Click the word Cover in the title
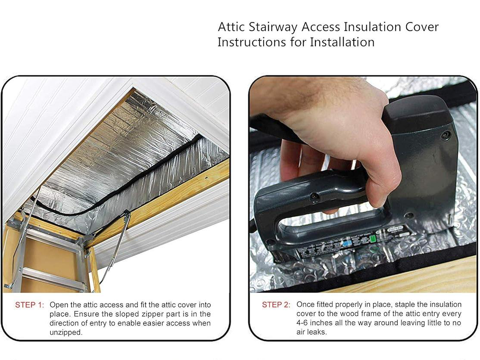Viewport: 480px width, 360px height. [422, 27]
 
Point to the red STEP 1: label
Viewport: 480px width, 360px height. [29, 305]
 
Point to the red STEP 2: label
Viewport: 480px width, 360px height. [276, 305]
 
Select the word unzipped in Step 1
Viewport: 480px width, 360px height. [65, 332]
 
